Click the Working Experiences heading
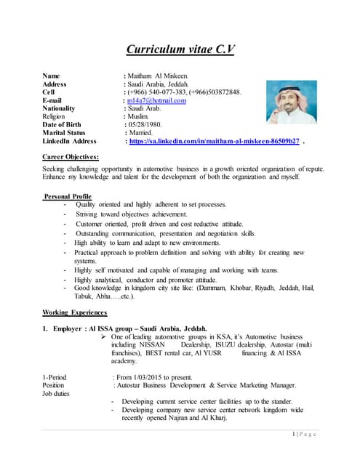pyautogui.click(x=76, y=311)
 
